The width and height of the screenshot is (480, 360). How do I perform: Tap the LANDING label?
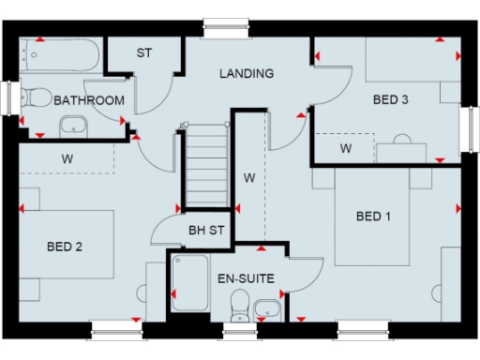pos(247,73)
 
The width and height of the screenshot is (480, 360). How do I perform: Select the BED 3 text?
pos(392,99)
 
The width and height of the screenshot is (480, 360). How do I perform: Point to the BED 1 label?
pos(374,217)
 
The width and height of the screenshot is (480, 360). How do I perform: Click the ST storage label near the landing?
pos(143,53)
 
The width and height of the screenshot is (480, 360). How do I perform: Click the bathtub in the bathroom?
pos(61,57)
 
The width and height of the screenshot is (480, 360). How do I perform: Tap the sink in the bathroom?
pos(73,125)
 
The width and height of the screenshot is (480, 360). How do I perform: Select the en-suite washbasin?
pos(266,306)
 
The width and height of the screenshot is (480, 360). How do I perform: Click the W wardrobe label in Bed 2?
pos(67,157)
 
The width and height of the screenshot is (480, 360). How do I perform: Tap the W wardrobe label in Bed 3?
pos(345,148)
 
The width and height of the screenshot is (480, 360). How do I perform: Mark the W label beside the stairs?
pos(249,176)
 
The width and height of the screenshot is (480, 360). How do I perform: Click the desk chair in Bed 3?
pos(402,142)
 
